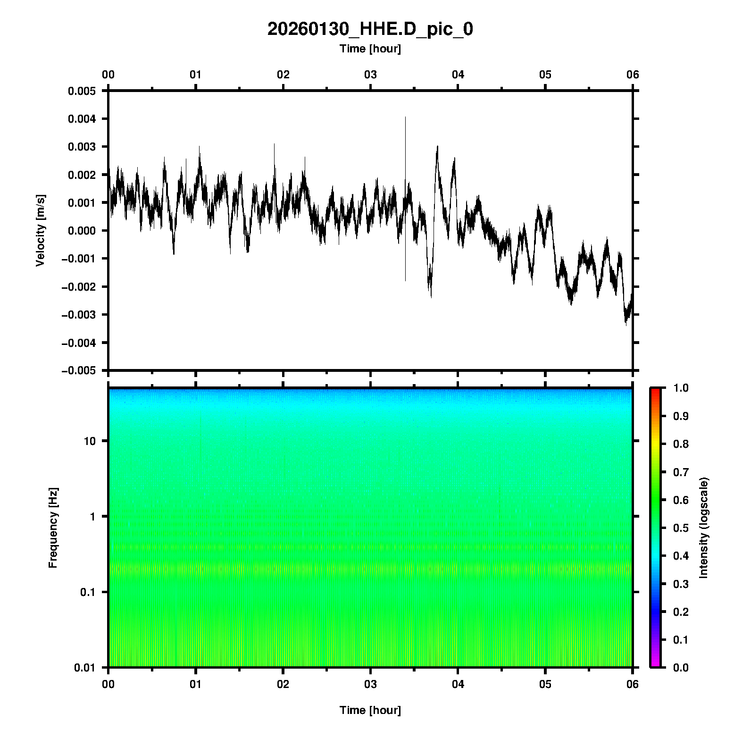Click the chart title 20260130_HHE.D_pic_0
[370, 29]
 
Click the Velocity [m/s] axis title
[41, 230]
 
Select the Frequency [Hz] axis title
[53, 528]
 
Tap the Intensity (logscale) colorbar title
[704, 528]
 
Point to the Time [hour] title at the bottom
[370, 710]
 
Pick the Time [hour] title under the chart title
[370, 49]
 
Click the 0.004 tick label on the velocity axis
[82, 119]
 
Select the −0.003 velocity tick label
[79, 315]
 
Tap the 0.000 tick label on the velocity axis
[82, 231]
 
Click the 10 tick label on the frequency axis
[90, 441]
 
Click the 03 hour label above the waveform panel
[370, 75]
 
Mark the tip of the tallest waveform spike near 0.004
[405, 117]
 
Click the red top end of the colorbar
[655, 390]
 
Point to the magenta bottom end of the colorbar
[655, 665]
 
